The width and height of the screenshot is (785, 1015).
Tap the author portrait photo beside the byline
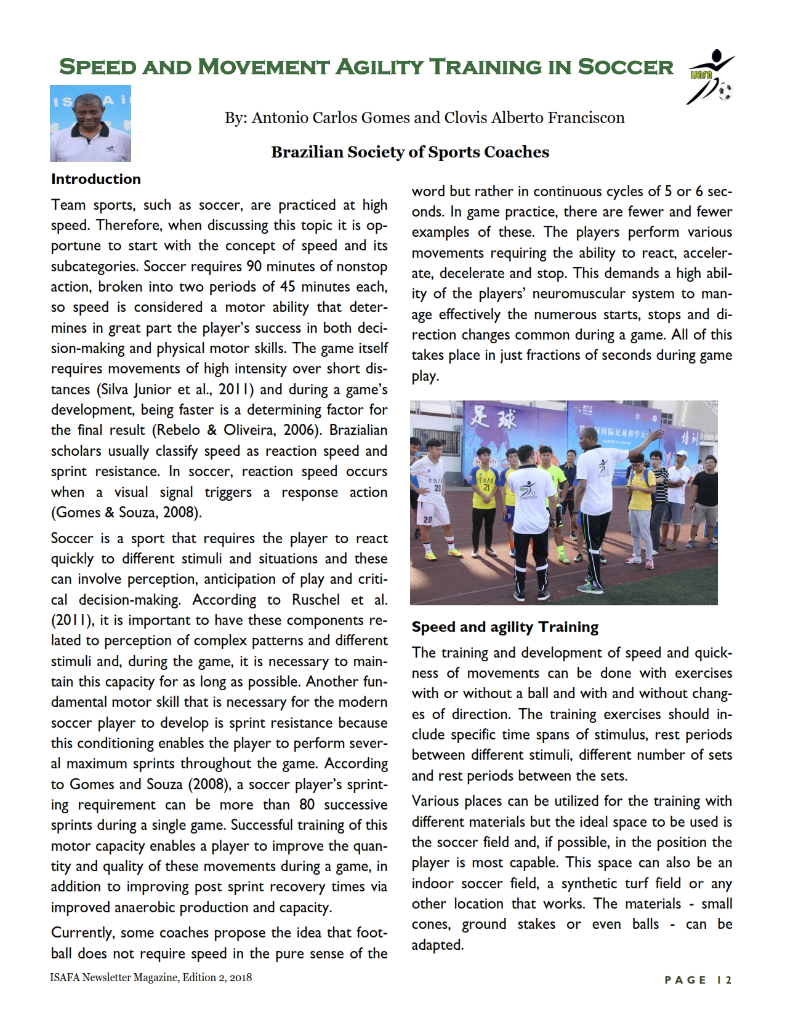pyautogui.click(x=91, y=123)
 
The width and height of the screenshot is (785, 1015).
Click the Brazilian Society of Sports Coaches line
pyautogui.click(x=410, y=152)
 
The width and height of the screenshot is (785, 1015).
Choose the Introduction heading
pyautogui.click(x=96, y=179)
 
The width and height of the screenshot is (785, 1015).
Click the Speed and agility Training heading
pyautogui.click(x=505, y=627)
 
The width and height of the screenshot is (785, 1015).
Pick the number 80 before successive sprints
pyautogui.click(x=307, y=805)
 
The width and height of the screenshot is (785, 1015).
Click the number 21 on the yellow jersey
pyautogui.click(x=486, y=487)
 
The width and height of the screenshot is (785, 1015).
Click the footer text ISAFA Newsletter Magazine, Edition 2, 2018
pyautogui.click(x=151, y=977)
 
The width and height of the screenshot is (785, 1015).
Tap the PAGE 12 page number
pyautogui.click(x=698, y=980)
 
